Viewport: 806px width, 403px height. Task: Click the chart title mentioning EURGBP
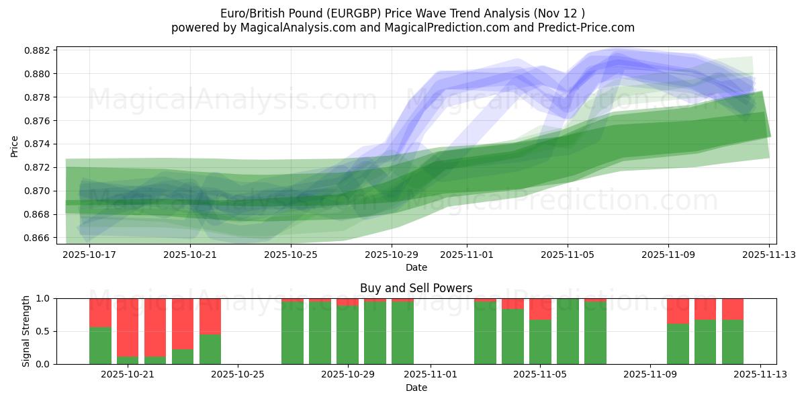pyautogui.click(x=402, y=13)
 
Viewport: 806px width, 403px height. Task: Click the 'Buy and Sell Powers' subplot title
pyautogui.click(x=416, y=288)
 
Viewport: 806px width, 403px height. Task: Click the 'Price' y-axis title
pyautogui.click(x=15, y=145)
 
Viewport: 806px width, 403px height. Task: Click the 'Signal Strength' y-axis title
pyautogui.click(x=26, y=331)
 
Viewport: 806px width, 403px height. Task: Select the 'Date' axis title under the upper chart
pyautogui.click(x=416, y=267)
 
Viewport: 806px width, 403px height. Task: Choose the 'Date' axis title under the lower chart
pyautogui.click(x=416, y=388)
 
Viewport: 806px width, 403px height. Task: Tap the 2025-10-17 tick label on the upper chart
pyautogui.click(x=90, y=255)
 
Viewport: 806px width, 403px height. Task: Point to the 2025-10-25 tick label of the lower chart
pyautogui.click(x=238, y=375)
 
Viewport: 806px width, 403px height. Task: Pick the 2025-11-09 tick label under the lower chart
pyautogui.click(x=650, y=375)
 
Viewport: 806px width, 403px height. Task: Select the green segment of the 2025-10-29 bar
pyautogui.click(x=347, y=335)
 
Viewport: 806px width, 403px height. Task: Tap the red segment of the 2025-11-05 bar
pyautogui.click(x=540, y=309)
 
